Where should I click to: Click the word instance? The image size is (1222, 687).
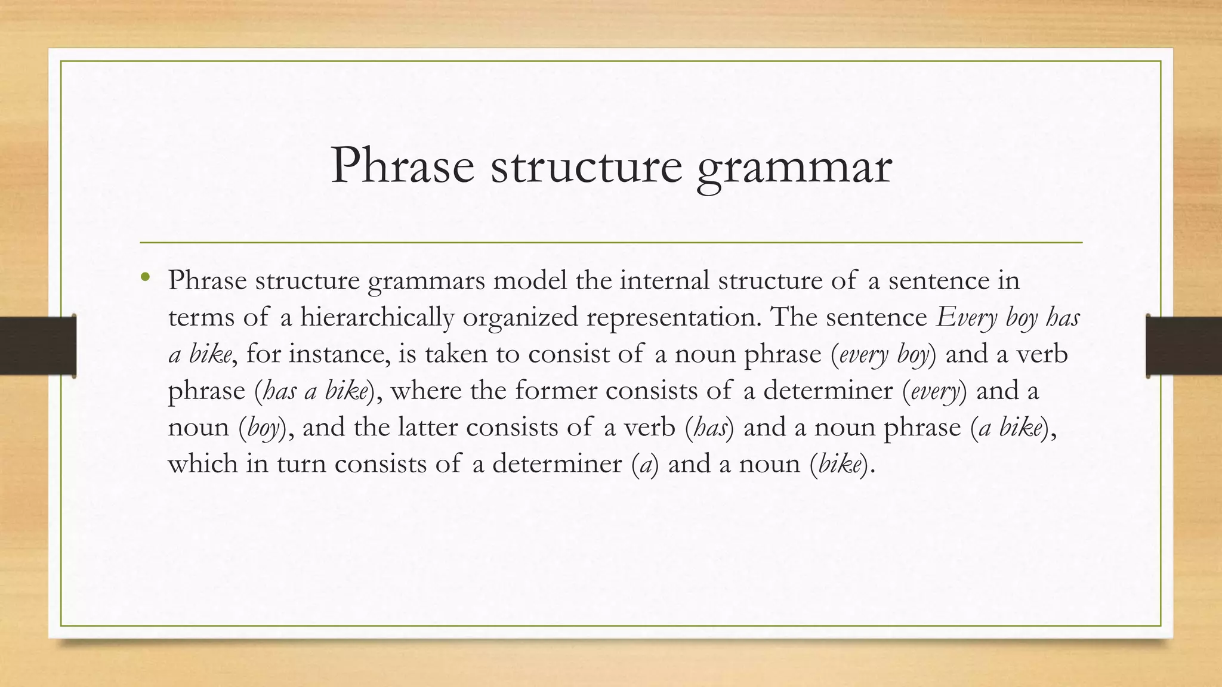click(x=340, y=354)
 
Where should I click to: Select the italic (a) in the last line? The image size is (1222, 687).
click(x=645, y=465)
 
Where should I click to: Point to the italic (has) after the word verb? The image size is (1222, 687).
click(x=710, y=428)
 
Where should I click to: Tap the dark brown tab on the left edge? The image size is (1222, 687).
click(x=38, y=346)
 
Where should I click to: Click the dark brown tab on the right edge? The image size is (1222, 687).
click(x=1184, y=346)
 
